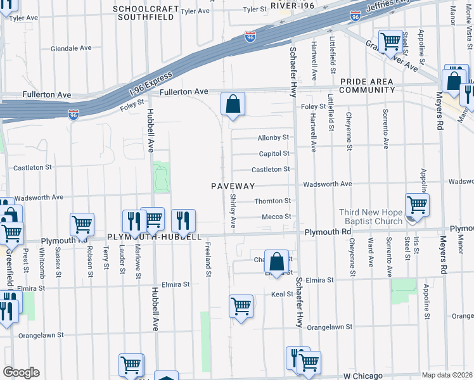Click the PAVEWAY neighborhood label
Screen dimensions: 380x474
tap(233, 186)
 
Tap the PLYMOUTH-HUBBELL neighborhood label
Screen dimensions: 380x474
tap(154, 237)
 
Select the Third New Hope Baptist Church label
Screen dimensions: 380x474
tap(362, 217)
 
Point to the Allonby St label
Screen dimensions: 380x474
tap(273, 137)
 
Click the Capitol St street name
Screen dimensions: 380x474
tap(274, 153)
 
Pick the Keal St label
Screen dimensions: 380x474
tap(280, 294)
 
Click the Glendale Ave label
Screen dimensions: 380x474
tap(72, 48)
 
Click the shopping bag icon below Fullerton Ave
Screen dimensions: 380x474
tap(233, 104)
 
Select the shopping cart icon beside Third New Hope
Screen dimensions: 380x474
tap(417, 205)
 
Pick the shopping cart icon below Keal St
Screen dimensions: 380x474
tap(241, 307)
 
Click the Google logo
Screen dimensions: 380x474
tap(21, 372)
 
